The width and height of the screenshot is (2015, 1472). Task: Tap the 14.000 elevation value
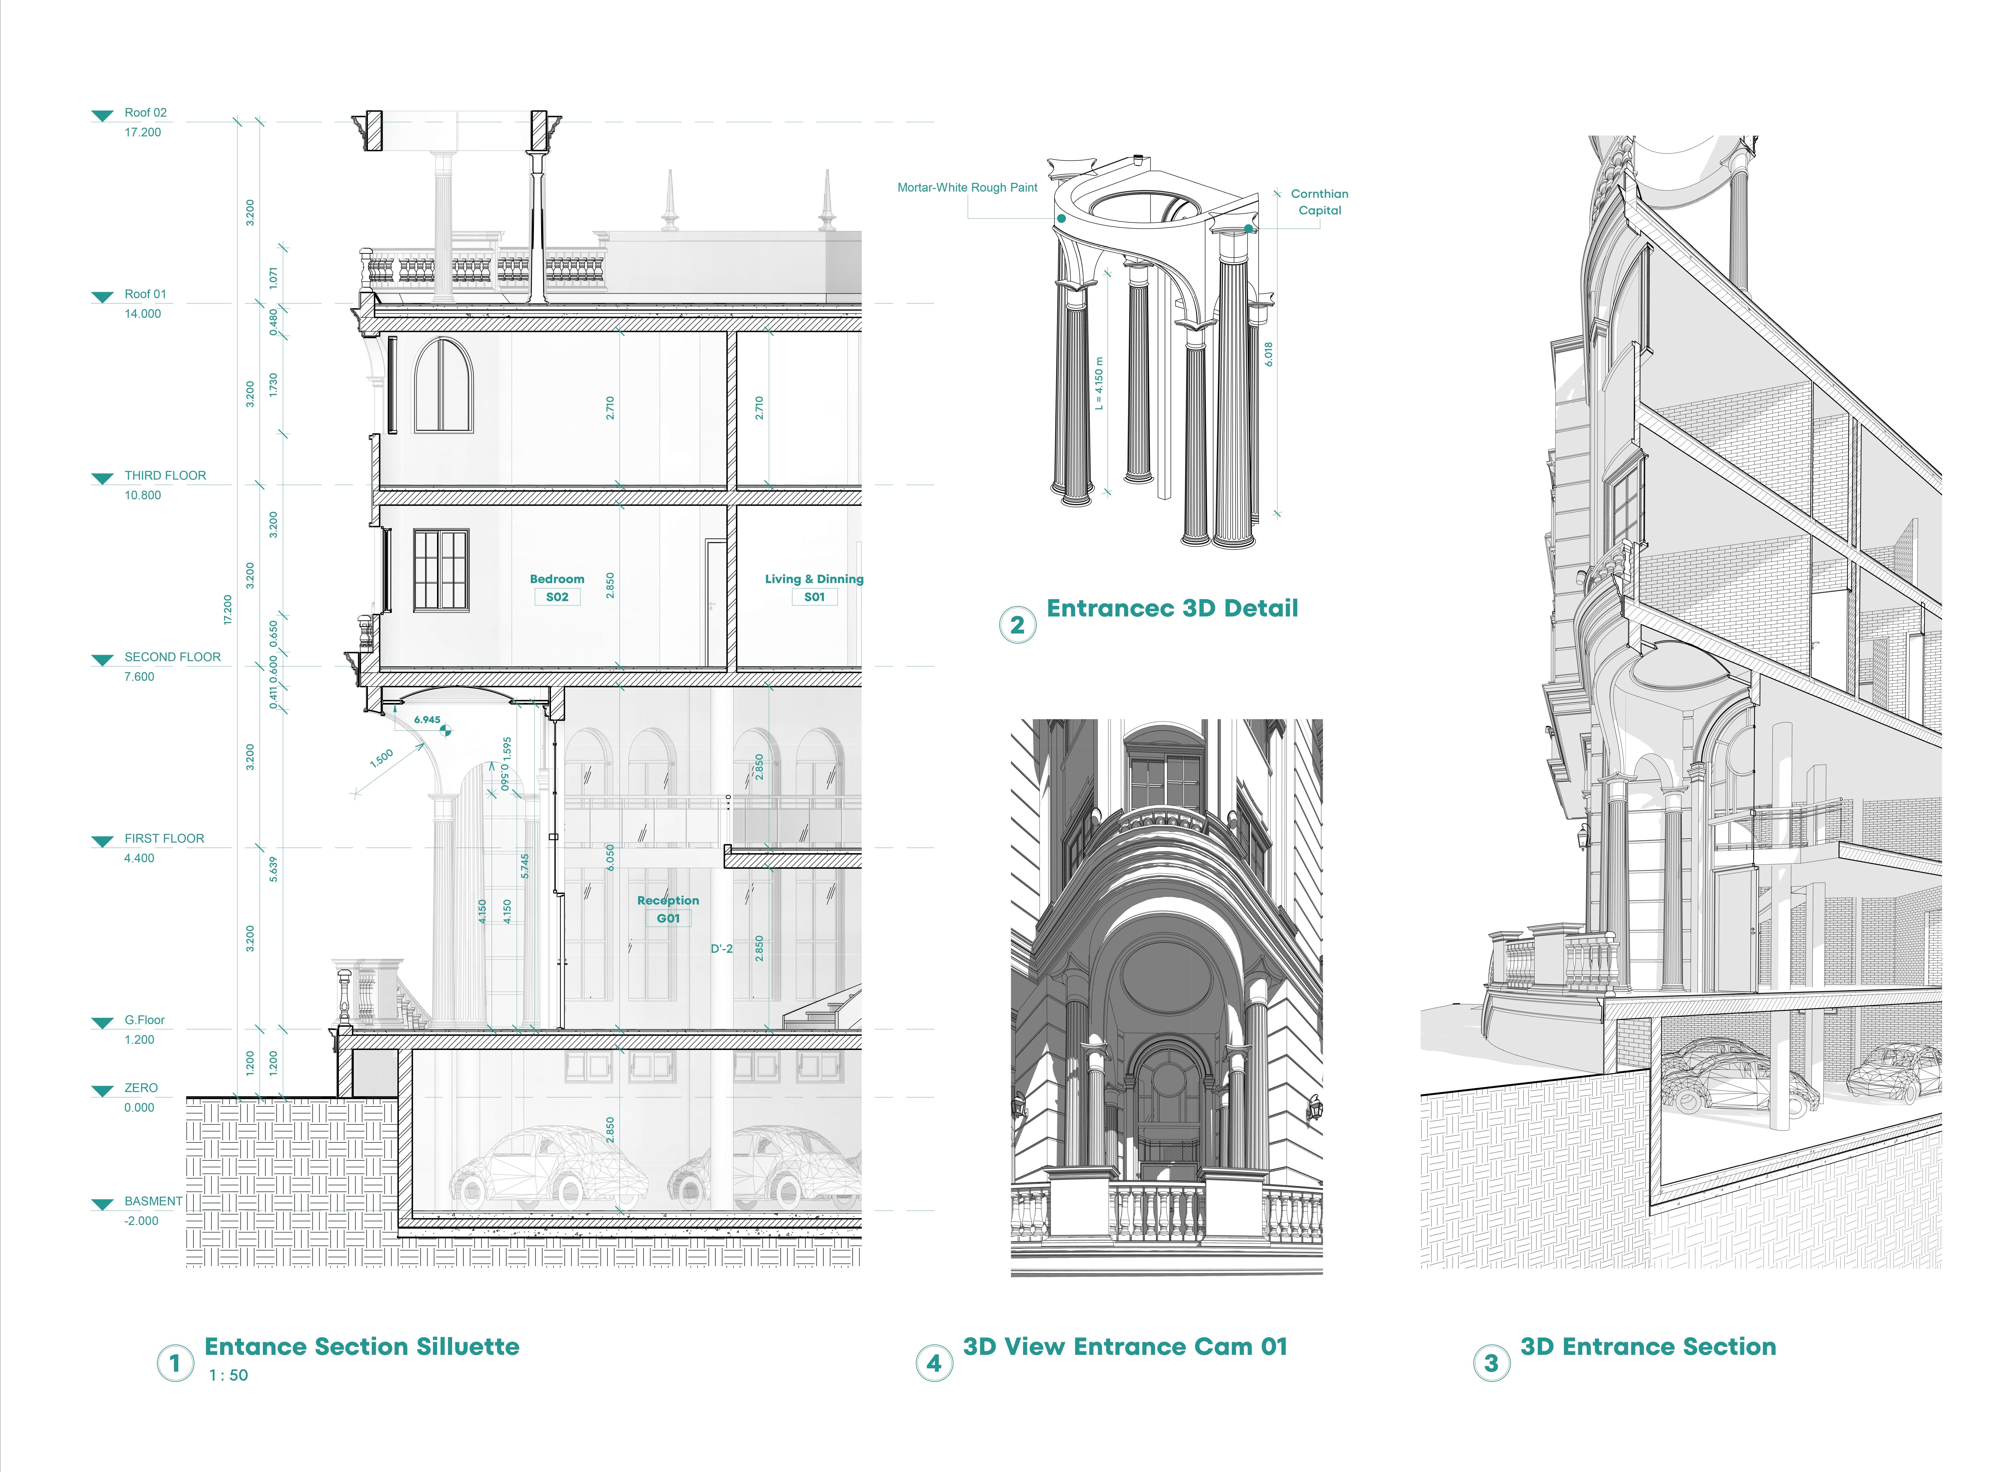[x=143, y=314]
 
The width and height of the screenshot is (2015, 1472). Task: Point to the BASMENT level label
[x=153, y=1201]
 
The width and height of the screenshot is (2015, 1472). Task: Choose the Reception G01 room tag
[x=668, y=909]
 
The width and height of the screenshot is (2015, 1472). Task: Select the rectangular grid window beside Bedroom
[x=440, y=570]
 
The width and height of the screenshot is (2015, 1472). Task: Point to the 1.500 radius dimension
[x=381, y=758]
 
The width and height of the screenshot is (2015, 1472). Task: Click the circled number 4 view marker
[x=933, y=1362]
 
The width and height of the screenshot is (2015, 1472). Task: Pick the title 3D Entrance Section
[x=1648, y=1346]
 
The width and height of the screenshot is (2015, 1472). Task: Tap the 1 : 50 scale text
[x=228, y=1375]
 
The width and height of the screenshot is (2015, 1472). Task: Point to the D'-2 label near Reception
[x=722, y=949]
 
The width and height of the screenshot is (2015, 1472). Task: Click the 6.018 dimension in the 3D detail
[x=1268, y=354]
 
